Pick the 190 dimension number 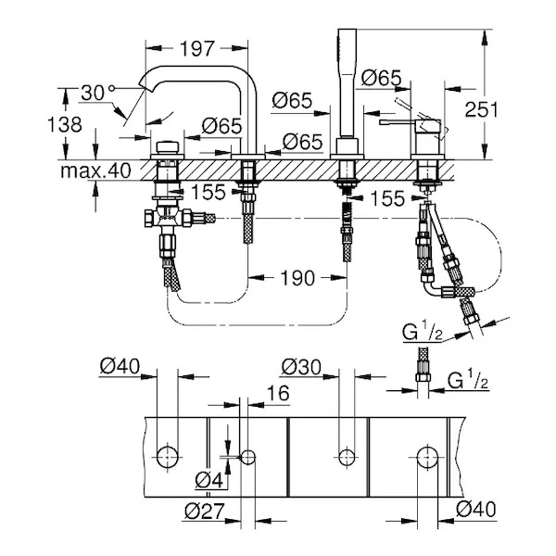297,277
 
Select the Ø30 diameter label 299,369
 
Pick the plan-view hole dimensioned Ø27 247,456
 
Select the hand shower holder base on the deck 347,148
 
